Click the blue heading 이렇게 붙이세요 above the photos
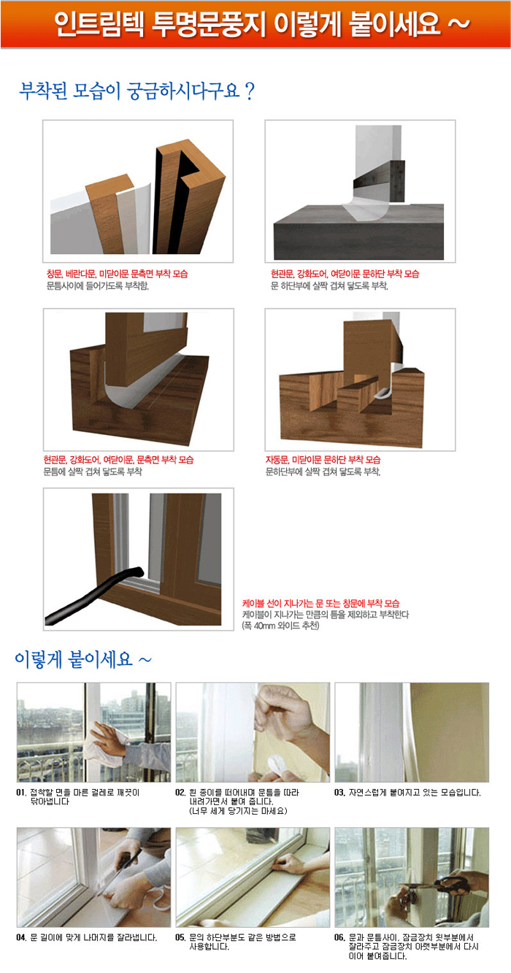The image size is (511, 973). (83, 659)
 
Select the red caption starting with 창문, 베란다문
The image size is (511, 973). (118, 274)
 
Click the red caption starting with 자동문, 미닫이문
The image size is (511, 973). (323, 460)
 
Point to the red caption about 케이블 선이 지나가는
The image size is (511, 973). (320, 603)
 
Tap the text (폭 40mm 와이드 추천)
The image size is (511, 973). (281, 626)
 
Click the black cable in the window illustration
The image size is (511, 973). (93, 595)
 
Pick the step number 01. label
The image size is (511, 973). (22, 793)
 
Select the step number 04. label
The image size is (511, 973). (22, 937)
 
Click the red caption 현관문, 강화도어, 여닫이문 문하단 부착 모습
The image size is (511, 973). (345, 274)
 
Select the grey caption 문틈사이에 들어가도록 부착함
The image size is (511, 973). (98, 286)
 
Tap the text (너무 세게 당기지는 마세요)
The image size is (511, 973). (238, 811)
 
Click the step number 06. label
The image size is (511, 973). (339, 937)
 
